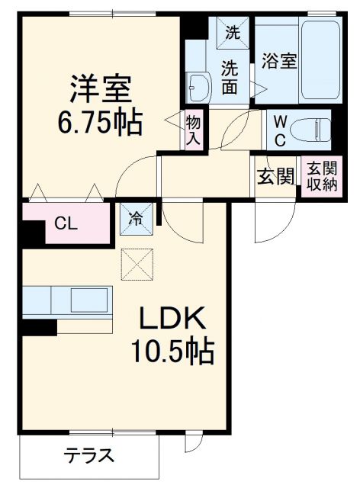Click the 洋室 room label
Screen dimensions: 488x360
(101, 88)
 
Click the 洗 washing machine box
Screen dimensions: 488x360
(231, 32)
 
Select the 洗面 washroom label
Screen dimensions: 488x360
(230, 76)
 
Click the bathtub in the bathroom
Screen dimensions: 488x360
(316, 61)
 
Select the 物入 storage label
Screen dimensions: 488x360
(193, 130)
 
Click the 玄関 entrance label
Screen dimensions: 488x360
(275, 177)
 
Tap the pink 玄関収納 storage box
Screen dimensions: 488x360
(320, 177)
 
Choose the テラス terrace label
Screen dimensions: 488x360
(89, 457)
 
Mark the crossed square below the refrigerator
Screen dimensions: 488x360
(137, 265)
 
